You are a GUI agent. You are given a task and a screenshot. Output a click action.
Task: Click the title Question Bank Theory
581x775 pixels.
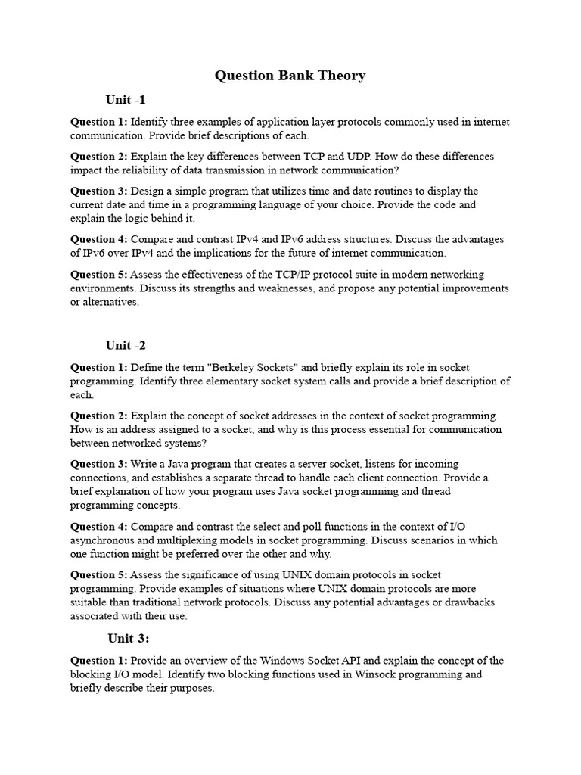(290, 75)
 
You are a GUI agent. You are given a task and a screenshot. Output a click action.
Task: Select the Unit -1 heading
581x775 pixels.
(126, 100)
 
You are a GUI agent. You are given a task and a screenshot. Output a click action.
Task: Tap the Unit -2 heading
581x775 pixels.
(126, 345)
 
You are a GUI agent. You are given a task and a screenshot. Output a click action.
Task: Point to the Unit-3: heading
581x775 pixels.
(129, 638)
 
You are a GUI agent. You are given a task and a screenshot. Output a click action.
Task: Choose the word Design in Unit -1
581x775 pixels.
(148, 191)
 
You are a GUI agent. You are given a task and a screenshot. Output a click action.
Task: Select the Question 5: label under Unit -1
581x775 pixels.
(99, 274)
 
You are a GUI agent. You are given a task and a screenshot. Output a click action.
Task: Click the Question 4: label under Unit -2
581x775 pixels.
(99, 526)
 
